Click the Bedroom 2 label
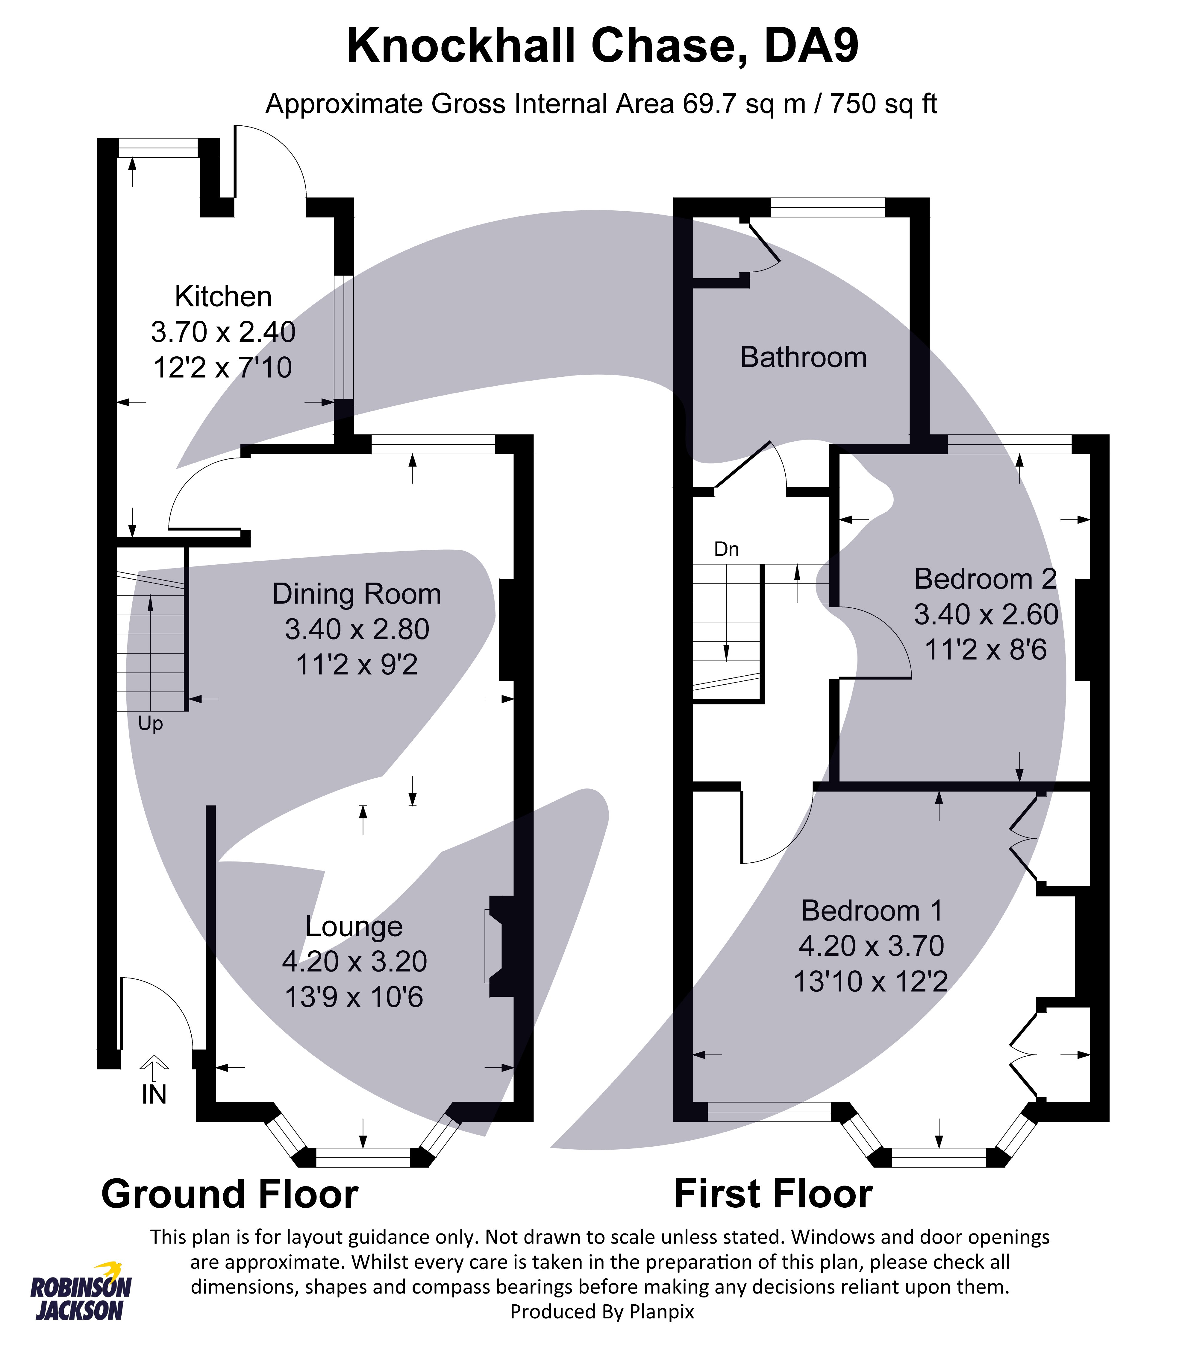pyautogui.click(x=985, y=579)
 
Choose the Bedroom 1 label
pyautogui.click(x=871, y=910)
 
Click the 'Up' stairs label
pyautogui.click(x=150, y=724)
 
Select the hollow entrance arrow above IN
pyautogui.click(x=154, y=1068)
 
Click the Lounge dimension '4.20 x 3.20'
pyautogui.click(x=354, y=961)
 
